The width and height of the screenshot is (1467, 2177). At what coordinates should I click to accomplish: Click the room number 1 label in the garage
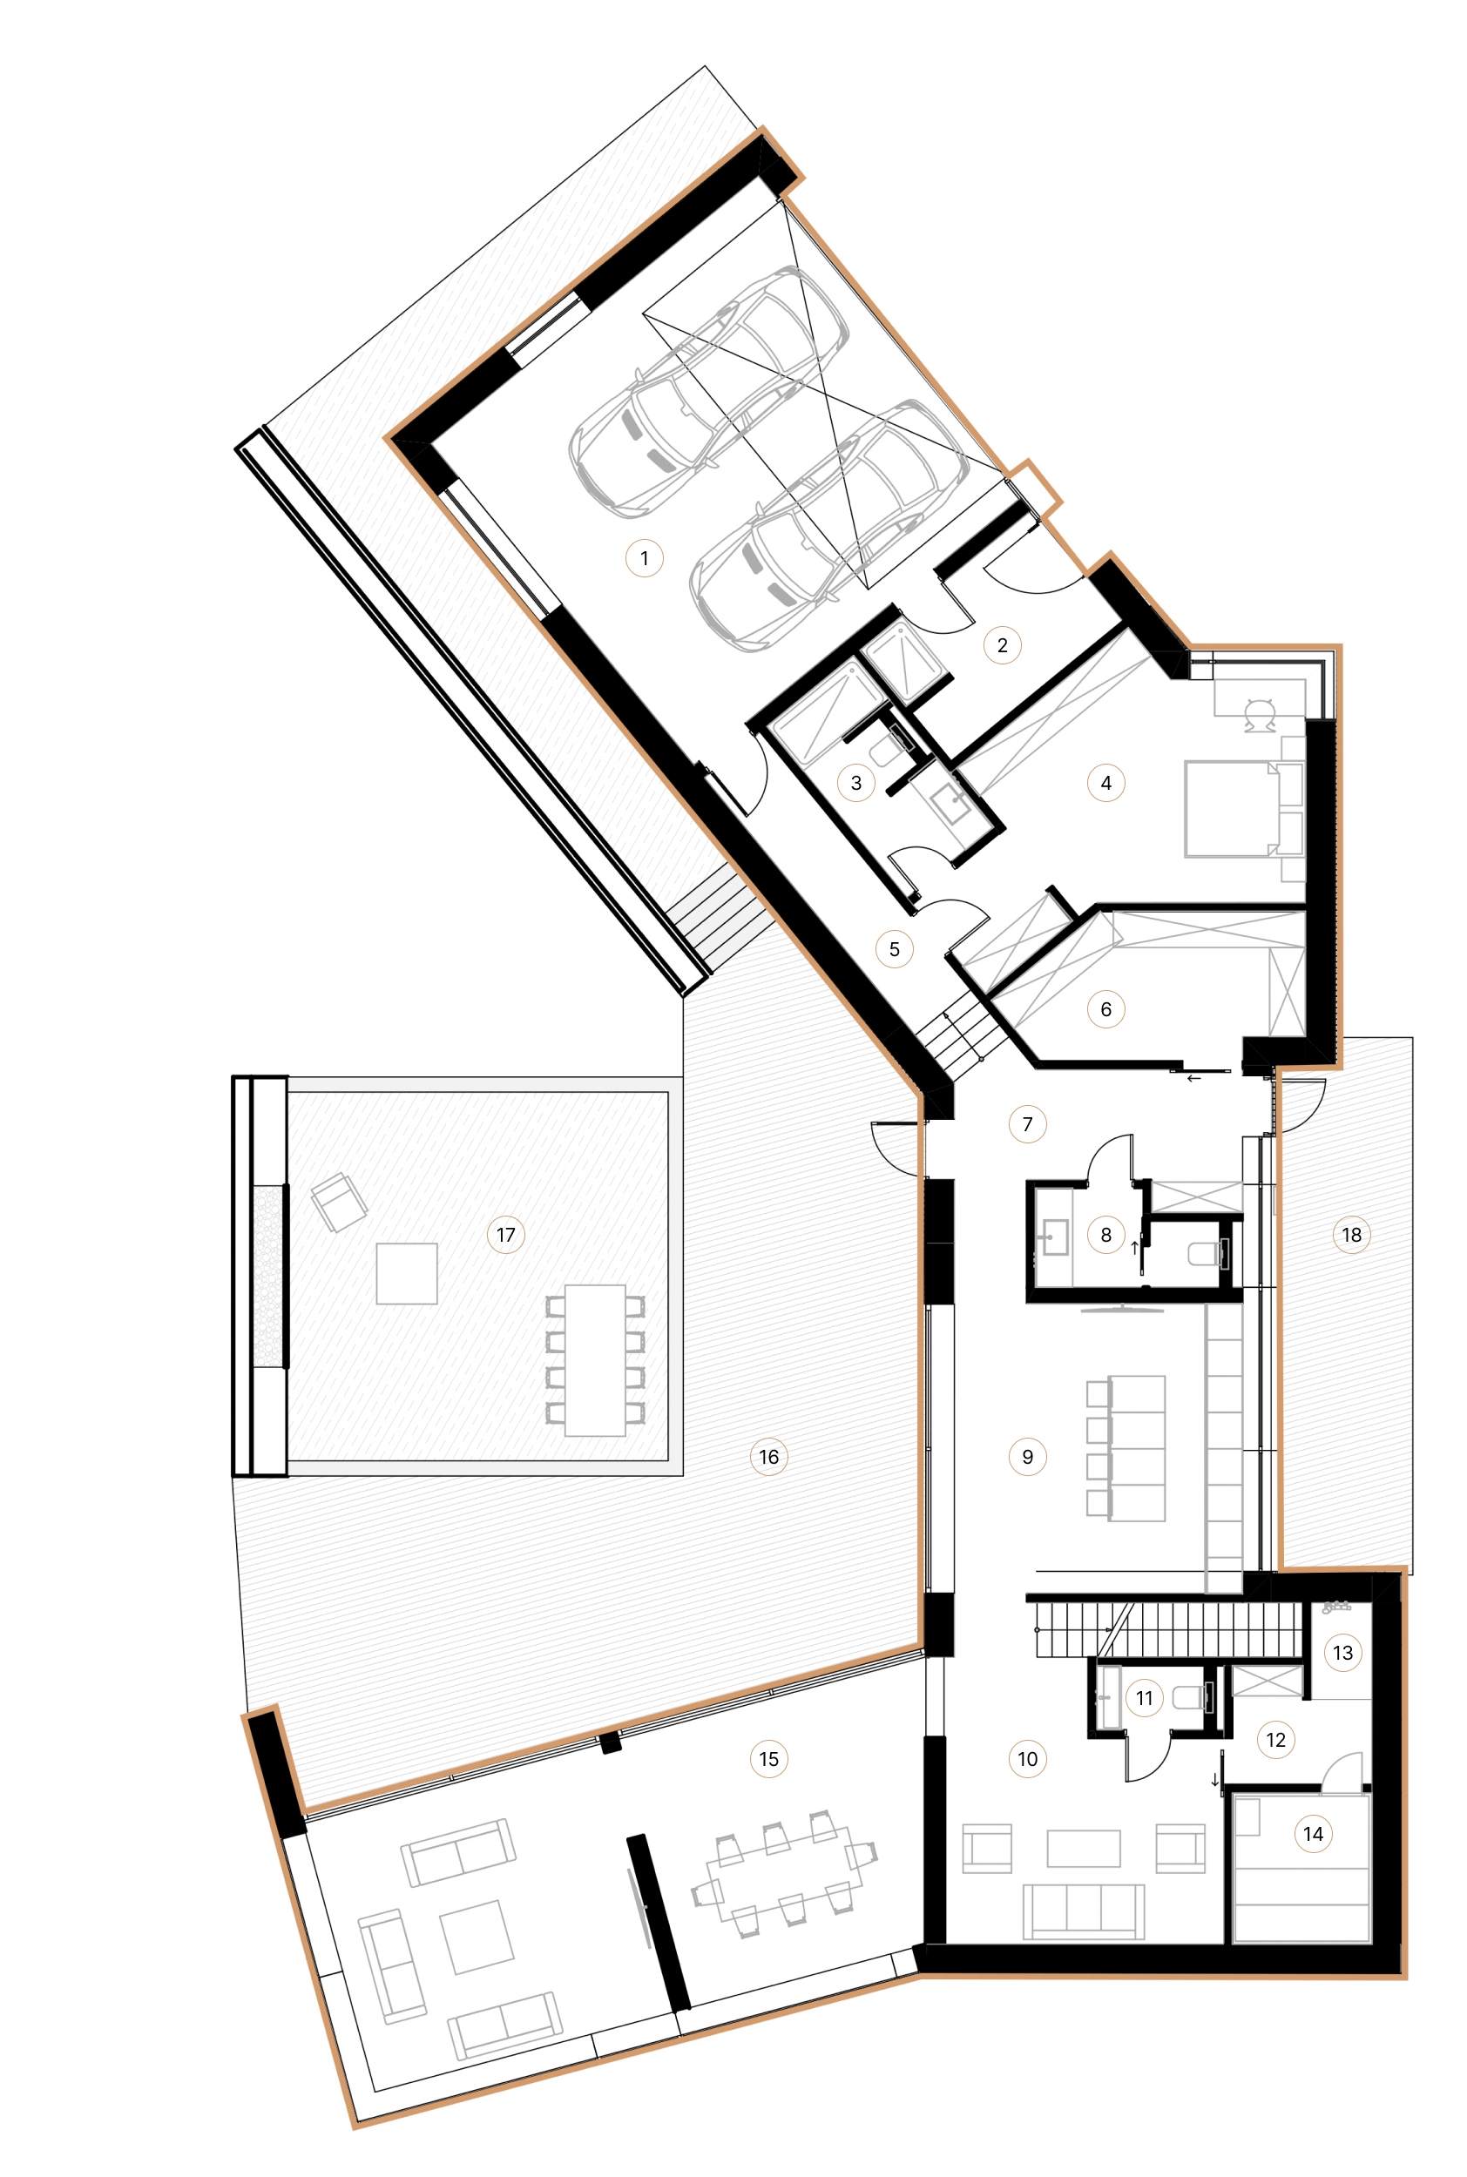(x=644, y=558)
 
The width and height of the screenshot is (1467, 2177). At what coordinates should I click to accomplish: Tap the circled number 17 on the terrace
(x=505, y=1235)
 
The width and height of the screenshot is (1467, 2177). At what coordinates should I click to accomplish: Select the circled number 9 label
(x=1027, y=1456)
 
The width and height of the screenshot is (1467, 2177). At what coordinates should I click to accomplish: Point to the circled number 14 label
(x=1313, y=1834)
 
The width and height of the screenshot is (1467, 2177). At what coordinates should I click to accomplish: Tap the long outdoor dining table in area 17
(x=595, y=1359)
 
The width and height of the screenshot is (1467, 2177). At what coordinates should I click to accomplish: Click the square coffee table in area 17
(x=406, y=1273)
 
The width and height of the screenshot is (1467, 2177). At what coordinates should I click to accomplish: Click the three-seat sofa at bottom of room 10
(x=1083, y=1911)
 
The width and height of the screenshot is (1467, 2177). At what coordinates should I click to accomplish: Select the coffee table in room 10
(x=1083, y=1849)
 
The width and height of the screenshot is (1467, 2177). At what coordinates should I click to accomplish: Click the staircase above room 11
(x=1169, y=1628)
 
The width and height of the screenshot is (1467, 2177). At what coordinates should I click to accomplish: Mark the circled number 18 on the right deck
(x=1351, y=1235)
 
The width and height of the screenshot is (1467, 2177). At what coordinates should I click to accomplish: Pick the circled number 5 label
(x=894, y=949)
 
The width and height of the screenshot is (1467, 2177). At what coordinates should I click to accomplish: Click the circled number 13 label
(x=1342, y=1653)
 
